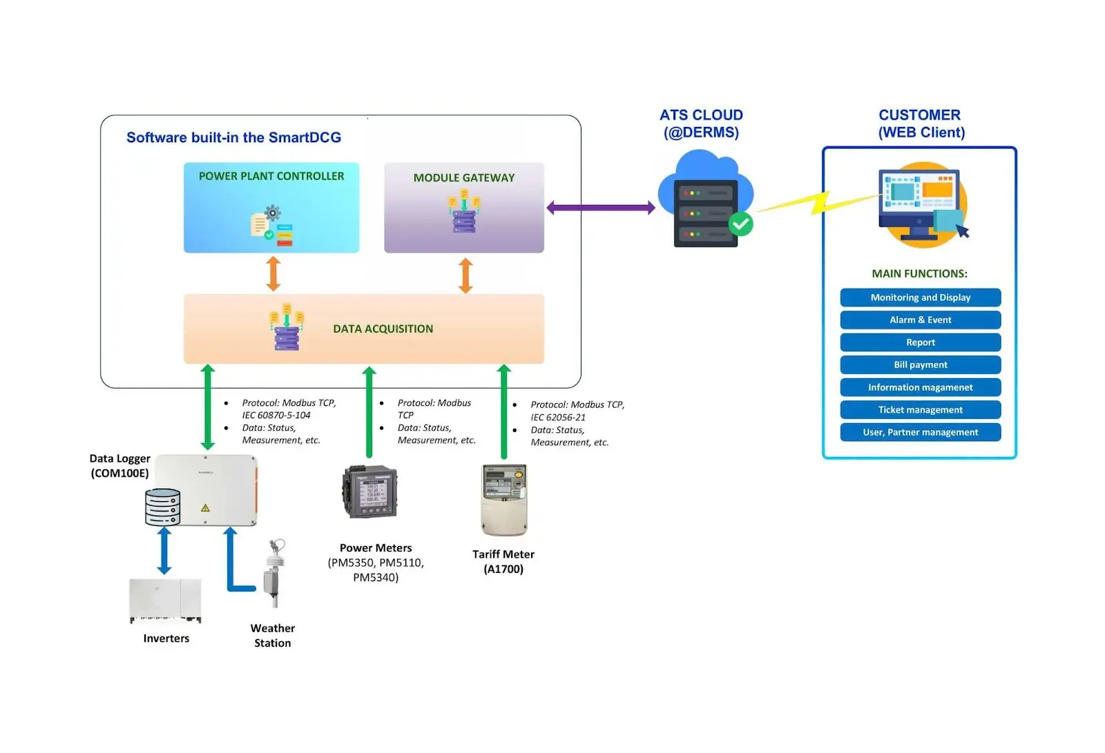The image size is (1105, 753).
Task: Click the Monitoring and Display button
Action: click(920, 297)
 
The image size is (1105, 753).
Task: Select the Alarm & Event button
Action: click(920, 320)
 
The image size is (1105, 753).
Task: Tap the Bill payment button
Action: click(920, 365)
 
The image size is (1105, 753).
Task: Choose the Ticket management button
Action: click(920, 410)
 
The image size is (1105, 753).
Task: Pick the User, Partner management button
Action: click(920, 433)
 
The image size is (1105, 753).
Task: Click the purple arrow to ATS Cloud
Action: click(601, 207)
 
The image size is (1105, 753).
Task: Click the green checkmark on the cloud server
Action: click(741, 224)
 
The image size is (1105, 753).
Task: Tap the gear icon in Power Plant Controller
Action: click(273, 212)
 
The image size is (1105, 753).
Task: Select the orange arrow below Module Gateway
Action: click(466, 275)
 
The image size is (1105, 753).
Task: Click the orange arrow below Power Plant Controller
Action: click(273, 273)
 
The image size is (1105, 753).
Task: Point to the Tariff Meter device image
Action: click(504, 499)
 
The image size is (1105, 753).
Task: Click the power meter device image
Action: click(371, 492)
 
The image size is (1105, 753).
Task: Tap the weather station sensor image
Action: click(273, 573)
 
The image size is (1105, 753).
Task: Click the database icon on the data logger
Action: click(163, 507)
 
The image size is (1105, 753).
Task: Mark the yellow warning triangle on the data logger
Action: click(205, 508)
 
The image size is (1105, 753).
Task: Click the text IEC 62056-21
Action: click(558, 418)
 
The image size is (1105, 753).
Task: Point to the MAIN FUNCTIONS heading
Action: click(919, 274)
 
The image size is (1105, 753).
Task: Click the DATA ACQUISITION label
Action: click(383, 329)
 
